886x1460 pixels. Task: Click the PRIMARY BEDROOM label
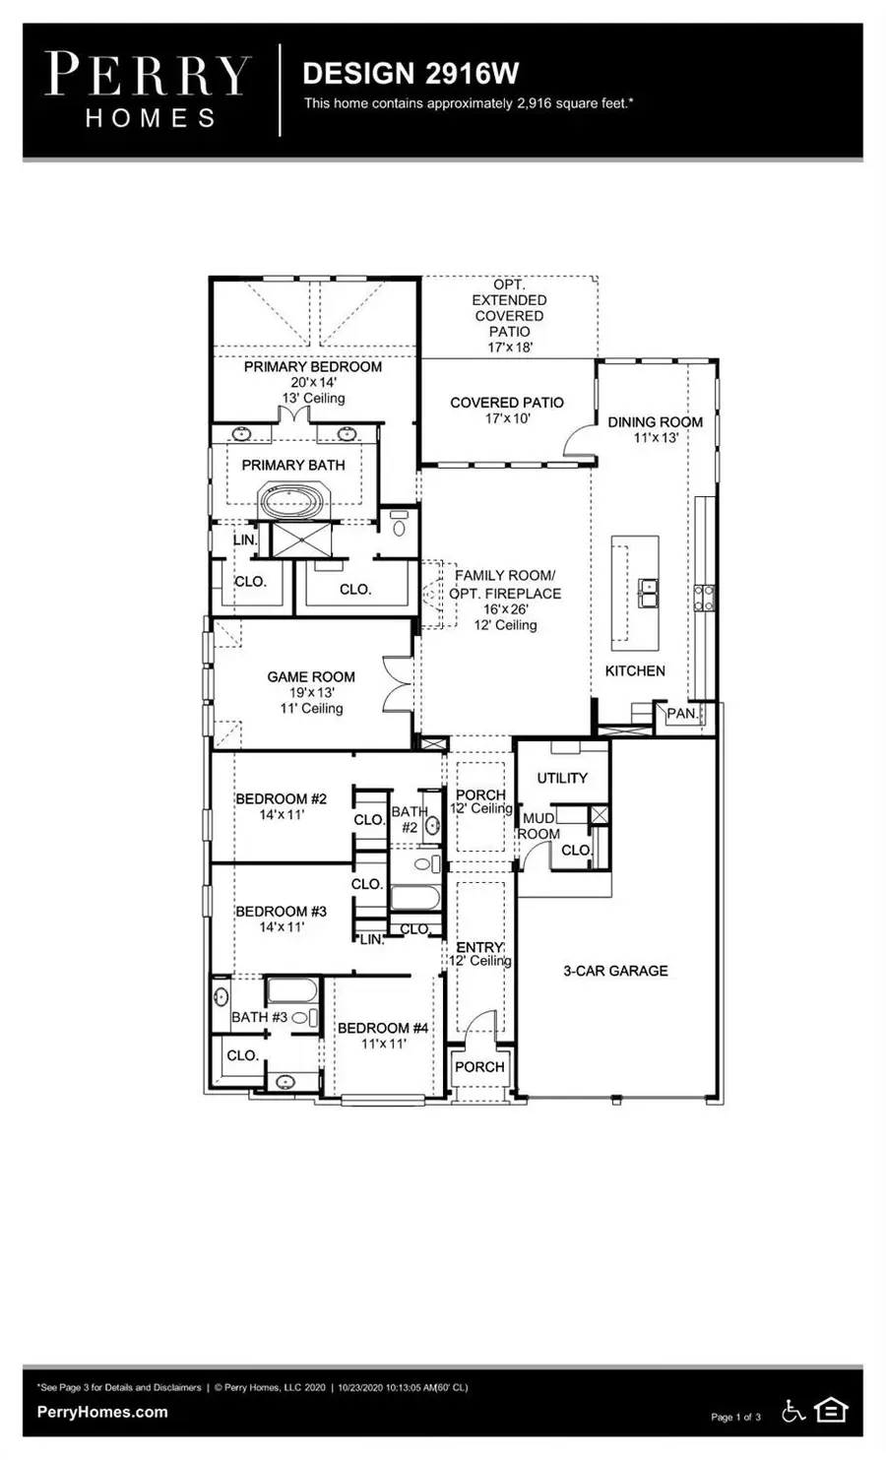tap(312, 367)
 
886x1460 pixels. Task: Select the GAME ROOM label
tap(311, 677)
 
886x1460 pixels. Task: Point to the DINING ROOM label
tap(655, 422)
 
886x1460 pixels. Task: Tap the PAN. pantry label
tap(681, 714)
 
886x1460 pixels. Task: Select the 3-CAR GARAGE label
tap(615, 971)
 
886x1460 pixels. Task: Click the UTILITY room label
tap(562, 778)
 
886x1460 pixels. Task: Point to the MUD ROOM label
tap(538, 826)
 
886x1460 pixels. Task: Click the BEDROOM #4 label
tap(383, 1029)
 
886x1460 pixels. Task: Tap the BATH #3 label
tap(259, 1017)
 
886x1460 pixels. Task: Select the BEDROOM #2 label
tap(281, 799)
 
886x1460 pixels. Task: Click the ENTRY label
tap(479, 947)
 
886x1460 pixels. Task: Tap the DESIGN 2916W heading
tap(411, 74)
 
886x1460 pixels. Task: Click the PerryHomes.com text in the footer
tap(102, 1412)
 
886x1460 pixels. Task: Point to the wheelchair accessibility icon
tap(792, 1411)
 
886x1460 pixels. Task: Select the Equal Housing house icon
tap(831, 1411)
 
